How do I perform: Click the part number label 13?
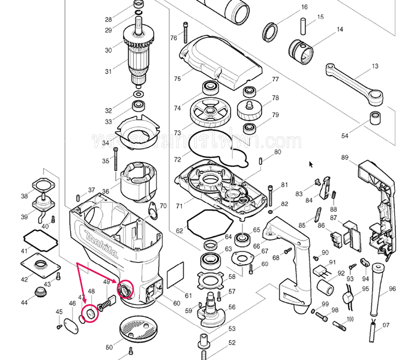tap(375, 66)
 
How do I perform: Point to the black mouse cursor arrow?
tap(311, 164)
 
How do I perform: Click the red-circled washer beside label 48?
tap(90, 313)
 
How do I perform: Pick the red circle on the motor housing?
tap(126, 289)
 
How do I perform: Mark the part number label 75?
tap(178, 79)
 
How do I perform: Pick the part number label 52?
tap(232, 344)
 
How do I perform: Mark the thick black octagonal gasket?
tap(208, 227)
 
